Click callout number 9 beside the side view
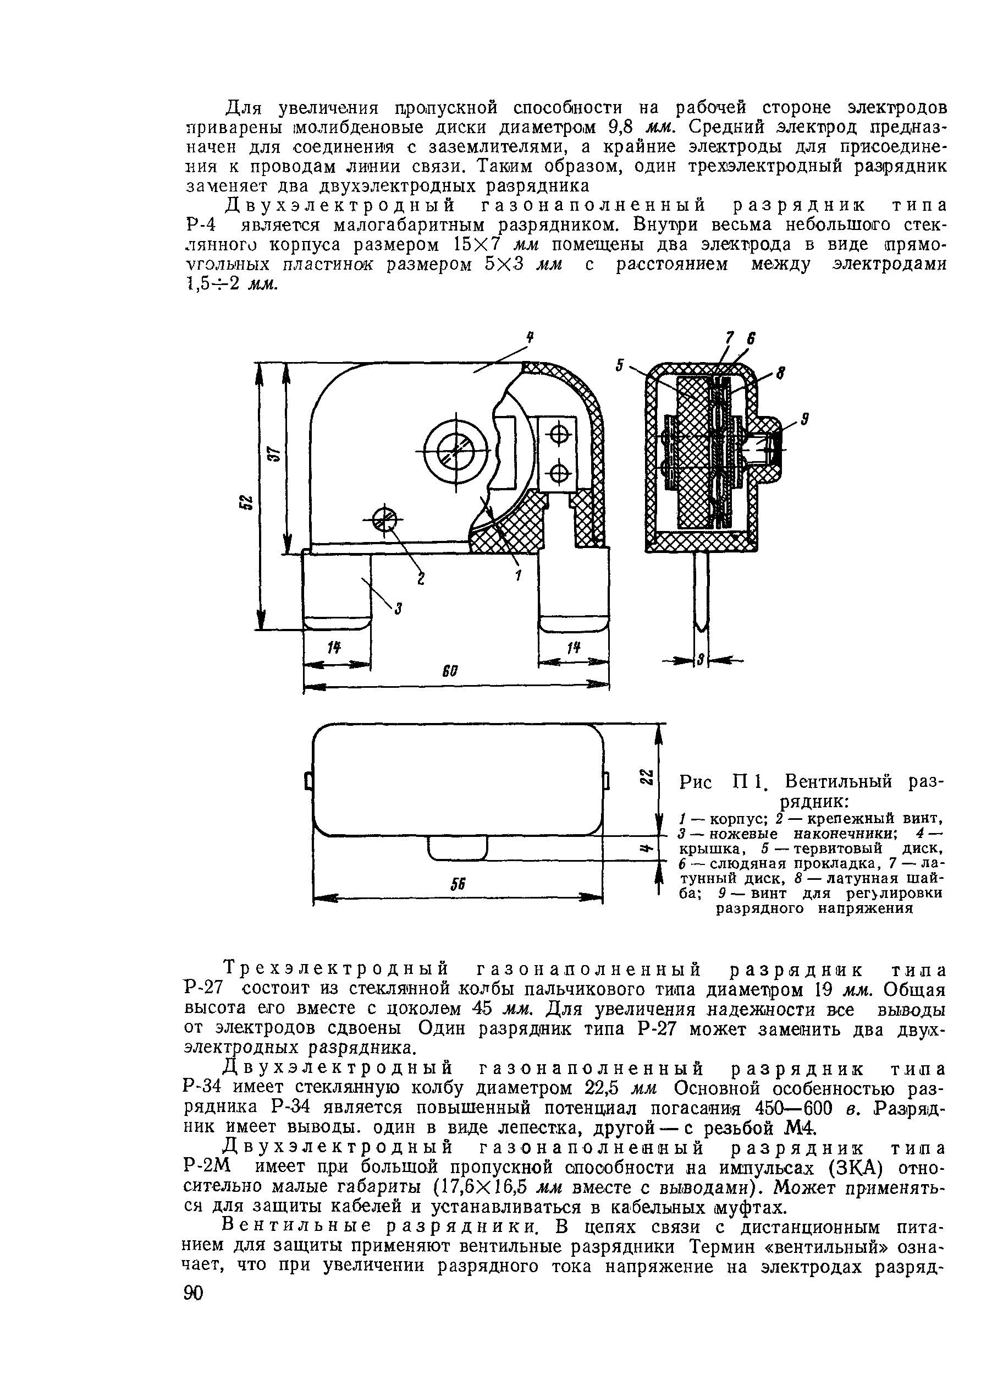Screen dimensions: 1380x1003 tap(804, 419)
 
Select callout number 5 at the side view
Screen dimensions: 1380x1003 tap(620, 365)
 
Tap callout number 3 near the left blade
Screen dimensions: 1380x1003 tap(398, 608)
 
